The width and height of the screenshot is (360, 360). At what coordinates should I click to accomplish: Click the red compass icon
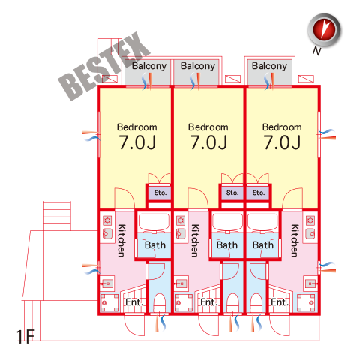324,30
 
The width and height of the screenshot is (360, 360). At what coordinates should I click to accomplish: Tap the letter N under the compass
316,51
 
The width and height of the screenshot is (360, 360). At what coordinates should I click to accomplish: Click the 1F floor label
25,336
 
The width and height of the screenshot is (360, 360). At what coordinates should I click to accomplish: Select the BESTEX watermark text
104,66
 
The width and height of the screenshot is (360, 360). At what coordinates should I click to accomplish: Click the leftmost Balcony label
149,66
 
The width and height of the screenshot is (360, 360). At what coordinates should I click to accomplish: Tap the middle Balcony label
198,66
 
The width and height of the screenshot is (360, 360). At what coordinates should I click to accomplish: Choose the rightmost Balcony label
269,66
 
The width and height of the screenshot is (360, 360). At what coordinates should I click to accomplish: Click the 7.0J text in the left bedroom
137,142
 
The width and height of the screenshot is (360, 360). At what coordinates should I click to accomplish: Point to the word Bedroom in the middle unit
208,127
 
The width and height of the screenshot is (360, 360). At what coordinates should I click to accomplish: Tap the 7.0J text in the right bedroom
282,142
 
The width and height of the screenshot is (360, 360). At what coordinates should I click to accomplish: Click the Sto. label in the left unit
160,193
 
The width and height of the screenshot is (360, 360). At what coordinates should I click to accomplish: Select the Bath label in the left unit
155,245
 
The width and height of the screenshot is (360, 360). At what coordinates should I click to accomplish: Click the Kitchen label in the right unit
295,241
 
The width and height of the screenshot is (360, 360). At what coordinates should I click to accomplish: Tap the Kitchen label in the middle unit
195,241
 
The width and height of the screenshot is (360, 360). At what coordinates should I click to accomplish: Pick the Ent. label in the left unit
134,302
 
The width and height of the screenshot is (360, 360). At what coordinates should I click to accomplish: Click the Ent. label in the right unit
280,302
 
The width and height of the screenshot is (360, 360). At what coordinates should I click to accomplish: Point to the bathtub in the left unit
154,223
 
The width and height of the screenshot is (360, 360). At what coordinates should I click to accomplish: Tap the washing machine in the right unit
306,303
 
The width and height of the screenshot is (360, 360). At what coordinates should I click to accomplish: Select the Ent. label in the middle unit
209,302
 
